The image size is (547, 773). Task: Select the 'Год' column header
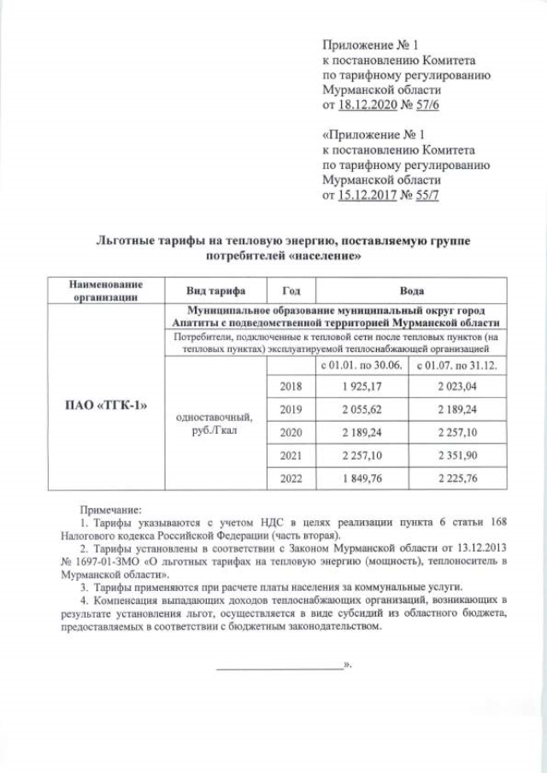pos(285,290)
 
